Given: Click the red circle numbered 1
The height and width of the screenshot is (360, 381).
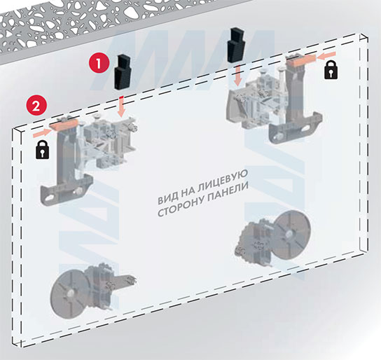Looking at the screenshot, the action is pos(99,63).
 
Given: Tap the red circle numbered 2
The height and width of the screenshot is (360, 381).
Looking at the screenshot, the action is pos(36,106).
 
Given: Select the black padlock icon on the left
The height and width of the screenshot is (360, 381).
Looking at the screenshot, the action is pos(43,150).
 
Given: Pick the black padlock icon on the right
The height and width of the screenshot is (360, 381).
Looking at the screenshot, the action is pos(331,70).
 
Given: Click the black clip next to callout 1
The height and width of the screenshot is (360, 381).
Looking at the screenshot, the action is pos(123,72).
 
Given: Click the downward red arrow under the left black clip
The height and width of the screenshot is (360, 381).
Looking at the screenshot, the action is pos(121,106).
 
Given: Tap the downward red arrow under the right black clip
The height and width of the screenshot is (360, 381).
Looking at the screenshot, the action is pos(238,76).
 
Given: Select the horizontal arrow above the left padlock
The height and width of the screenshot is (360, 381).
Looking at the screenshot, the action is pos(42,133).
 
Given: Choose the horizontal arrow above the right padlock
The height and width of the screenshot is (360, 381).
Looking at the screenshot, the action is pos(326,56).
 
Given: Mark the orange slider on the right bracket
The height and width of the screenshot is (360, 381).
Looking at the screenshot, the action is pos(301,60).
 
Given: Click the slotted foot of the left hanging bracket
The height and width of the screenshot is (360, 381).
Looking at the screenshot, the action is pos(66,192).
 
